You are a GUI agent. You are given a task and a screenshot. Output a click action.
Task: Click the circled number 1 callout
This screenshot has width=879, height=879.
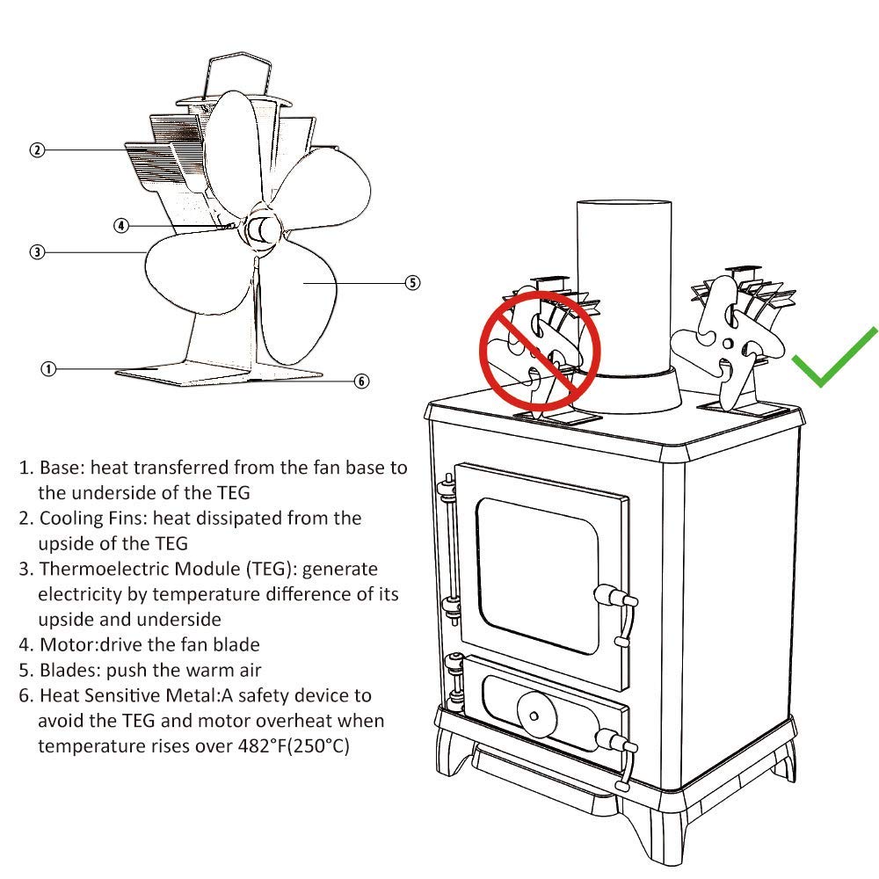(48, 368)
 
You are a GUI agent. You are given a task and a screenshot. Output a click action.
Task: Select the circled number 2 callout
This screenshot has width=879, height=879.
(36, 149)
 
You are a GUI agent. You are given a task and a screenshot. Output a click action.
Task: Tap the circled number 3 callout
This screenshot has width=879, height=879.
(36, 252)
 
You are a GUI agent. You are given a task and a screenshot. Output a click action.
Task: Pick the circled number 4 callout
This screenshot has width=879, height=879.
(121, 225)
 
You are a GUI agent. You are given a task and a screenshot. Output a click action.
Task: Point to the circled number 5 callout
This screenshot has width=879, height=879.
(412, 282)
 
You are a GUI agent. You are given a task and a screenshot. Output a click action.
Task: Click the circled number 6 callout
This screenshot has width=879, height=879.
(361, 381)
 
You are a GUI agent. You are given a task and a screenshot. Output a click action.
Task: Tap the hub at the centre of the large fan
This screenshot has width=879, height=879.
(259, 230)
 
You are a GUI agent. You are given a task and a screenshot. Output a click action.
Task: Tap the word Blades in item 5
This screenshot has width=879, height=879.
(67, 670)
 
